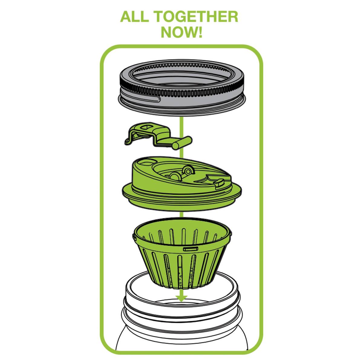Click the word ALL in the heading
pyautogui.click(x=133, y=17)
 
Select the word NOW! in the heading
pyautogui.click(x=181, y=32)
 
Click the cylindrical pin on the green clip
pyautogui.click(x=182, y=143)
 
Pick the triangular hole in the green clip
pyautogui.click(x=147, y=127)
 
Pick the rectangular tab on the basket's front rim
pyautogui.click(x=191, y=249)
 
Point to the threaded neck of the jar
pyautogui.click(x=181, y=309)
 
